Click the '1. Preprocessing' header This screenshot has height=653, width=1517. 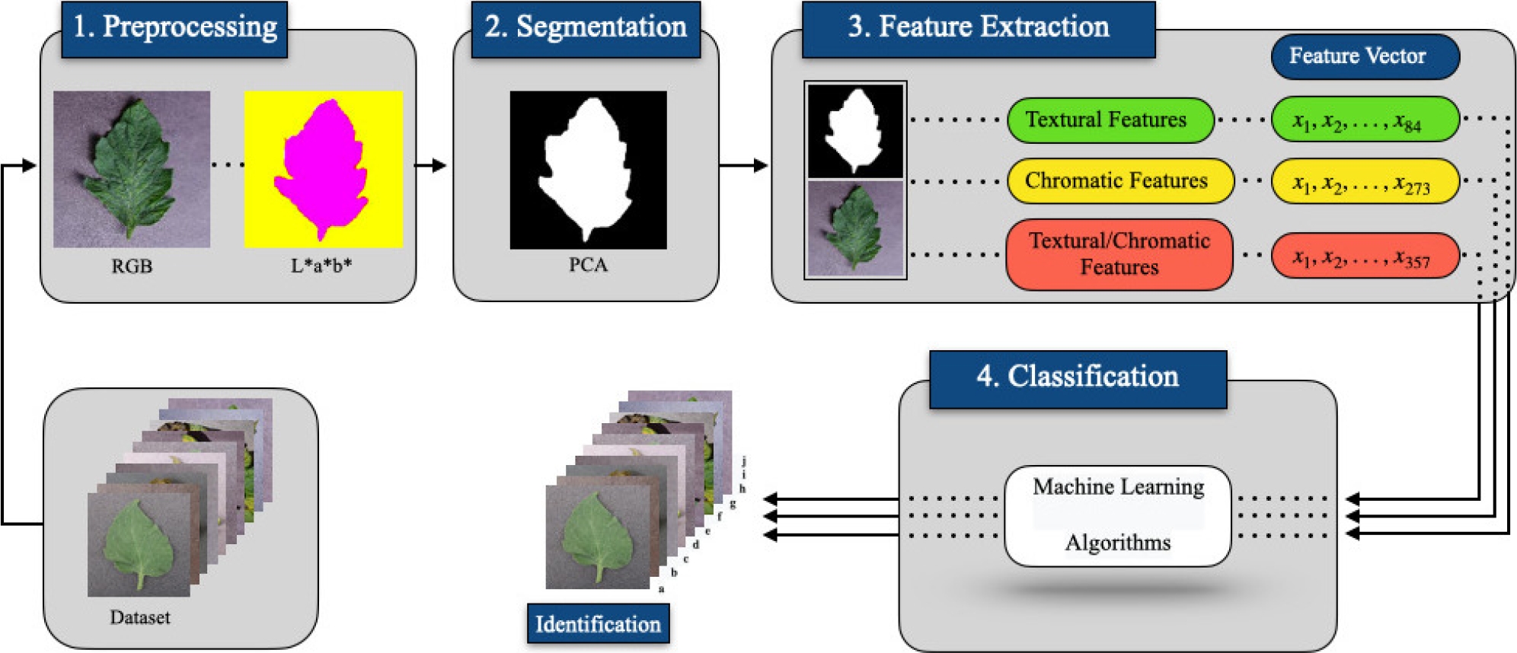174,28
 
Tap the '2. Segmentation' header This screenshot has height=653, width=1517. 585,28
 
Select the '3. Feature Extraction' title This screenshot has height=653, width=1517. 978,28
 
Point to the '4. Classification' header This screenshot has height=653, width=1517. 1078,377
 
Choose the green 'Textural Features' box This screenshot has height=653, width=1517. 1110,120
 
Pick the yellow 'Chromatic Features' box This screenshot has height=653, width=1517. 1119,181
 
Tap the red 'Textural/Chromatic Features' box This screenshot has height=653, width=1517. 1119,254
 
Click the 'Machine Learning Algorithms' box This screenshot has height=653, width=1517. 1117,516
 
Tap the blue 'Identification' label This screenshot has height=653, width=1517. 598,624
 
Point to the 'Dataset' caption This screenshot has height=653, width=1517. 139,617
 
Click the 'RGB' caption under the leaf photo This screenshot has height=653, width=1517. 132,266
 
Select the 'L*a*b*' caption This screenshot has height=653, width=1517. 321,266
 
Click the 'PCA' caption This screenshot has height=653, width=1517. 588,265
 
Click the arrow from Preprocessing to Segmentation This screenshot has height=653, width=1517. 431,165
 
